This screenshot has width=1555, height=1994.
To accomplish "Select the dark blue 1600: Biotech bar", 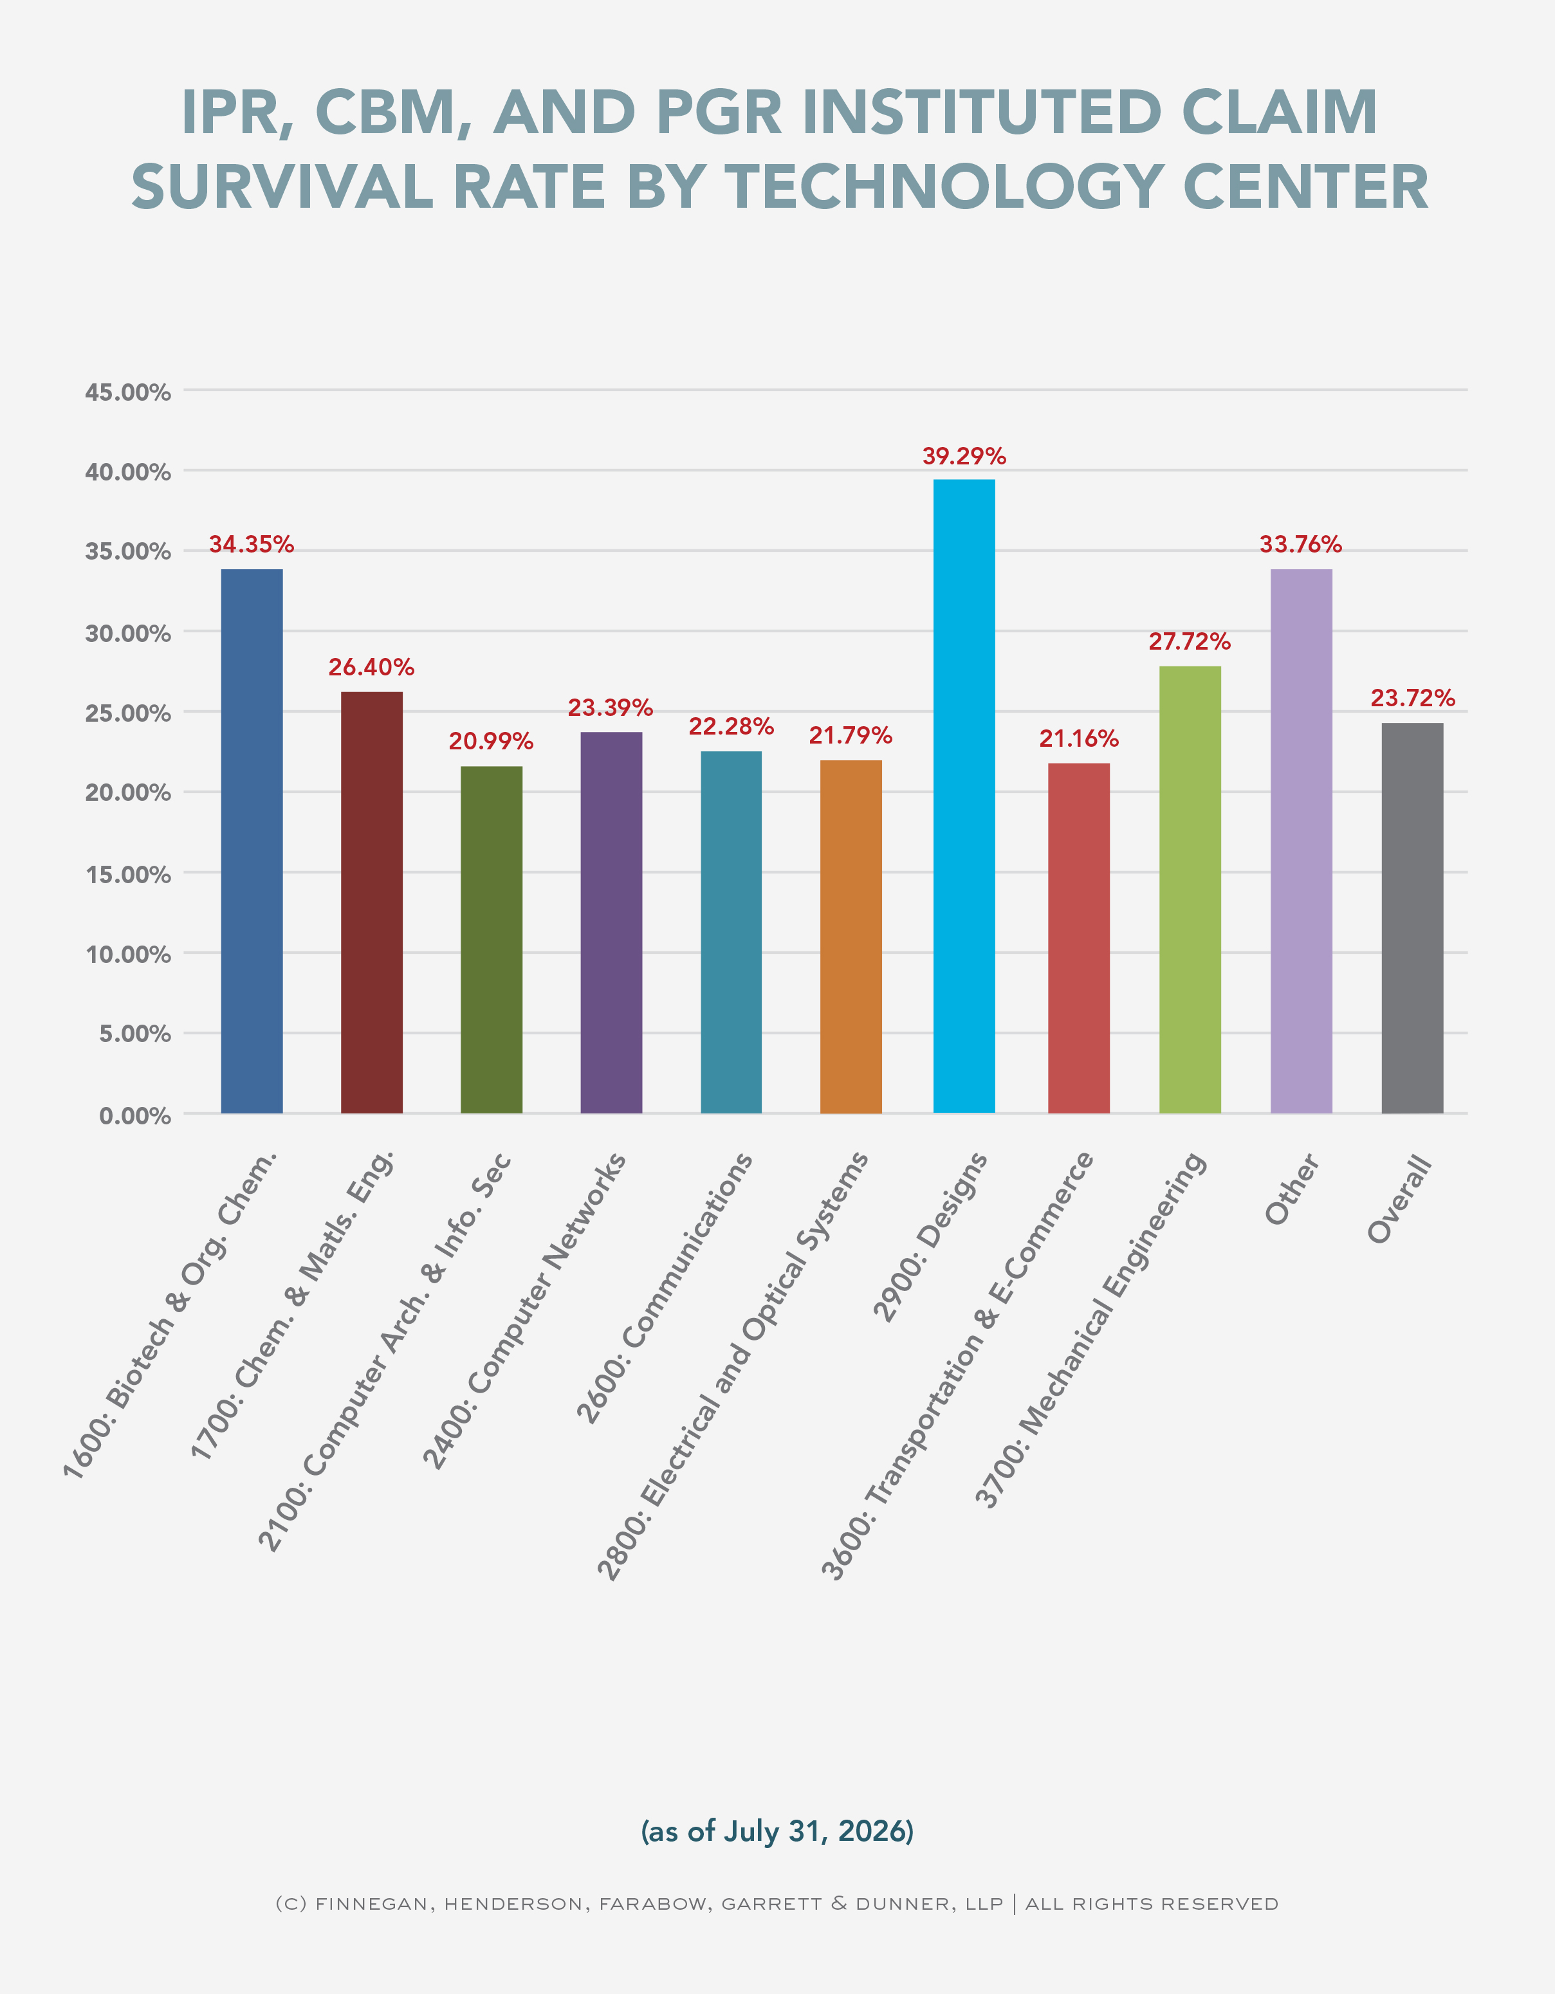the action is pyautogui.click(x=252, y=841).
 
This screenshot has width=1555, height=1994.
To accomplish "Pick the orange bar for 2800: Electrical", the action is pyautogui.click(x=851, y=937).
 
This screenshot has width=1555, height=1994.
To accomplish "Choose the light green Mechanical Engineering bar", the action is pyautogui.click(x=1190, y=890).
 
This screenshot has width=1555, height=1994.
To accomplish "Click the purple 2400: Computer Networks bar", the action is pyautogui.click(x=611, y=923).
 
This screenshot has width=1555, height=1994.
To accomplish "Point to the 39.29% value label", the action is pyautogui.click(x=964, y=457).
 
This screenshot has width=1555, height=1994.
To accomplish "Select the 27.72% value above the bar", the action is pyautogui.click(x=1190, y=642).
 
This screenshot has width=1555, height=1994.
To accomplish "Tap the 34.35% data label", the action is pyautogui.click(x=252, y=545).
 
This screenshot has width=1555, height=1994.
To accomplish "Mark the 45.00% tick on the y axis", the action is pyautogui.click(x=128, y=392).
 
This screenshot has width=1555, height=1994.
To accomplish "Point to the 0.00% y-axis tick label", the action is pyautogui.click(x=135, y=1116).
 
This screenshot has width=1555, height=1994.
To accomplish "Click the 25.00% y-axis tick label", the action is pyautogui.click(x=128, y=714).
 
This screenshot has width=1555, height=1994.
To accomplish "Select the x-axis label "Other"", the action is pyautogui.click(x=1292, y=1189).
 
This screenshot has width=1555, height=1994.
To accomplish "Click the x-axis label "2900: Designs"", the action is pyautogui.click(x=930, y=1237).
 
